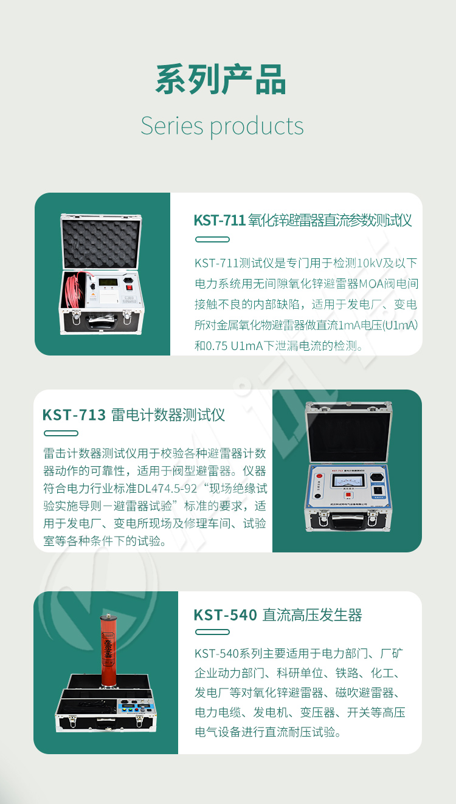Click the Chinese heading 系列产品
tap(221, 80)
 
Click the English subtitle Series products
tap(223, 126)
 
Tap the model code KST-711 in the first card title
tap(219, 221)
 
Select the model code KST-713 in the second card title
tap(74, 415)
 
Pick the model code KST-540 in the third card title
tap(225, 615)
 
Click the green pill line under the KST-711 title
tap(212, 239)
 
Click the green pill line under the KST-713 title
tap(61, 433)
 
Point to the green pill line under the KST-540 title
tap(212, 632)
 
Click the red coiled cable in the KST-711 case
tap(74, 290)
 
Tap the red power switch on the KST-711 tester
tap(129, 287)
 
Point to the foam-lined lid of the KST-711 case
tap(101, 241)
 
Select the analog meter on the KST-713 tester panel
tap(348, 480)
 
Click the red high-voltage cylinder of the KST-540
tap(108, 650)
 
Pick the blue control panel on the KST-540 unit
tap(136, 707)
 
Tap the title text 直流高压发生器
tap(312, 615)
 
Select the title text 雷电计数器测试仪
tap(168, 415)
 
